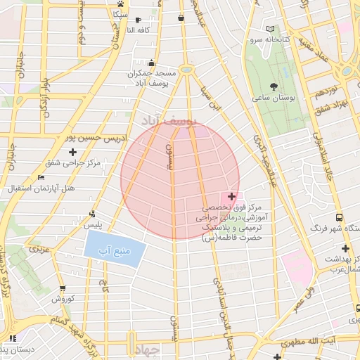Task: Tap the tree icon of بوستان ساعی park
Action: [x=274, y=88]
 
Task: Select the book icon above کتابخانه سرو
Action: [x=271, y=29]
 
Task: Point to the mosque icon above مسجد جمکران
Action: [x=151, y=63]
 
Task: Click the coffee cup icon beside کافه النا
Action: [x=138, y=19]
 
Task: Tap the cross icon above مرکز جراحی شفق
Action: [x=72, y=152]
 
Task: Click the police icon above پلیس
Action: [x=92, y=214]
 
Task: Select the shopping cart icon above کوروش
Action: [x=63, y=288]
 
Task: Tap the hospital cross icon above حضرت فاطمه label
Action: [x=231, y=196]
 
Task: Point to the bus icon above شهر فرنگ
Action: [x=340, y=218]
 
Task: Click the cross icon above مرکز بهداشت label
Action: [x=345, y=248]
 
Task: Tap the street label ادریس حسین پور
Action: [x=95, y=139]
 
